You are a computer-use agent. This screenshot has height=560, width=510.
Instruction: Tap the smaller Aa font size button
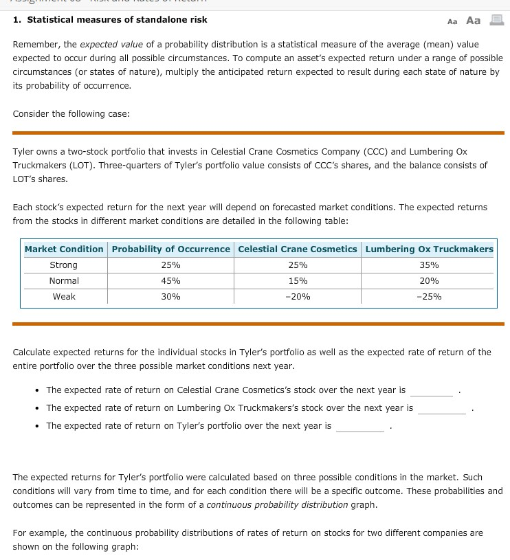click(452, 21)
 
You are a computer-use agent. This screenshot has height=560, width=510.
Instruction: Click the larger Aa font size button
click(473, 20)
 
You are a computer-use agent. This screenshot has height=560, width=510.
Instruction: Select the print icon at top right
click(496, 20)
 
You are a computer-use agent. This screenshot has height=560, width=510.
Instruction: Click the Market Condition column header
click(64, 249)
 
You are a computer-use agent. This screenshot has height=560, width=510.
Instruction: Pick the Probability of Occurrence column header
click(170, 249)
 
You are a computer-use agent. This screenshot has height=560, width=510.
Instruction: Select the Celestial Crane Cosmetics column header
click(298, 249)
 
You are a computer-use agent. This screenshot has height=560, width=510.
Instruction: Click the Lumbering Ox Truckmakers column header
click(429, 249)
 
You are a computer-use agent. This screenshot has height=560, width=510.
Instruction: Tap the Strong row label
click(64, 265)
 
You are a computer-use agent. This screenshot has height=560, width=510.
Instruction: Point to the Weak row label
click(64, 297)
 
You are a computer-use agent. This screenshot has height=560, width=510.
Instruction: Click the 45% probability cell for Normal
click(170, 281)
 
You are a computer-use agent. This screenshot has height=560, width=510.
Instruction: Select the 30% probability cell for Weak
click(170, 297)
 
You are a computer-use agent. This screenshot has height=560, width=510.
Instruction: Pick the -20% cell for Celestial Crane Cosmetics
click(298, 297)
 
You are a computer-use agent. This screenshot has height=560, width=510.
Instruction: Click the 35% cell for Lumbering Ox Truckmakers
click(429, 265)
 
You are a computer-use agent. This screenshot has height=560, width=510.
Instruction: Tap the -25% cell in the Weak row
click(429, 297)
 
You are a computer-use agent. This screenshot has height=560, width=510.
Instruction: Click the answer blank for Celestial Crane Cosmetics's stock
click(432, 391)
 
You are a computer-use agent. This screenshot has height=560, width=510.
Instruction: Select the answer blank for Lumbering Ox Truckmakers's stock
click(441, 409)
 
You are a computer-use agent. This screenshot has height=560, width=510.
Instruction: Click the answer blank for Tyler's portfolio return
click(359, 427)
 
